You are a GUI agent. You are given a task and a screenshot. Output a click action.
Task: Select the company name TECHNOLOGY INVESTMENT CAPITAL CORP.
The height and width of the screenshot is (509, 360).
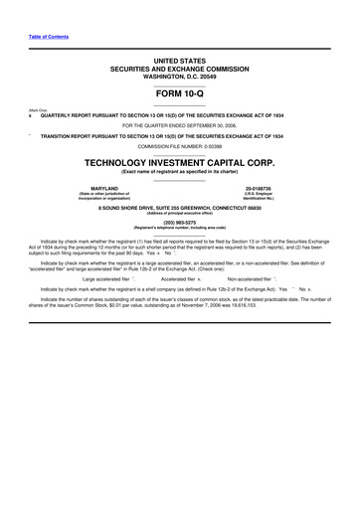click(x=180, y=159)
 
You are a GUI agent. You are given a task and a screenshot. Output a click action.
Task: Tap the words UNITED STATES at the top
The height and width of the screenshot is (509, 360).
click(x=180, y=61)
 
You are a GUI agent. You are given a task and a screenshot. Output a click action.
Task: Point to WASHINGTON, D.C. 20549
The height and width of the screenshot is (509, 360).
click(x=180, y=77)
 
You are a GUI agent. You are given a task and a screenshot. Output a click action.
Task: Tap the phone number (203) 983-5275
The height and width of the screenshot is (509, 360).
click(x=180, y=221)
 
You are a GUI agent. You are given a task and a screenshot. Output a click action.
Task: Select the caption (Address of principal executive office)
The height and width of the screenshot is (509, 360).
click(x=180, y=212)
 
